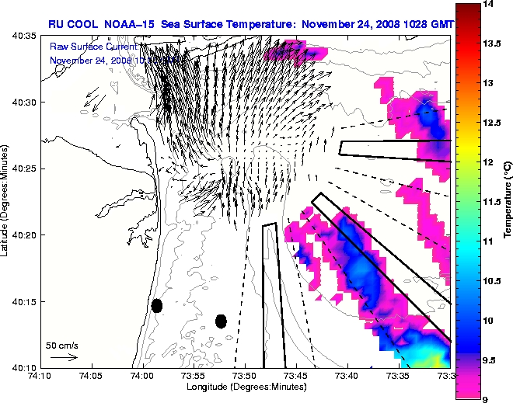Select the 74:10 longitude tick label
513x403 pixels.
click(x=40, y=376)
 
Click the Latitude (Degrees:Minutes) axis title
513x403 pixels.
click(x=6, y=202)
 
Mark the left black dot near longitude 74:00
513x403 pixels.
click(x=157, y=305)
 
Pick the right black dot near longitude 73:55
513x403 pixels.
click(x=221, y=321)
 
